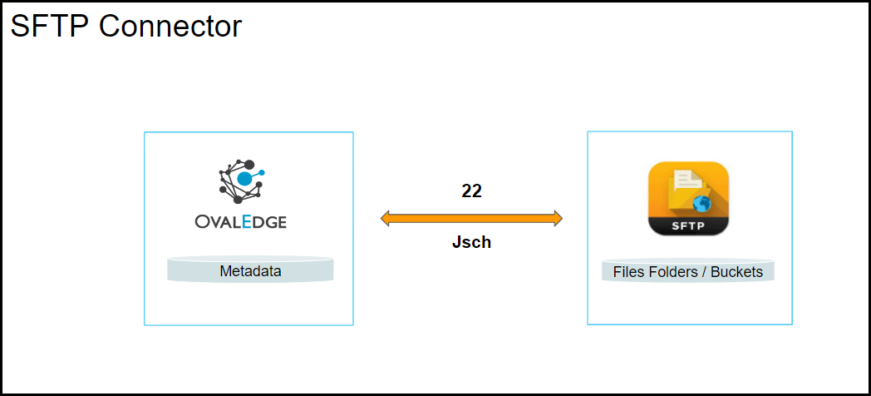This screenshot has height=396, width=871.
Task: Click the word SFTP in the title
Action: click(x=50, y=26)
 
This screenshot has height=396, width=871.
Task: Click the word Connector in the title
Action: click(x=170, y=26)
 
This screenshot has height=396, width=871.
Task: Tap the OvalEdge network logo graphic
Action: click(x=240, y=181)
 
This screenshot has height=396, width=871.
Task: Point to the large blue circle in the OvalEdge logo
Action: click(x=245, y=178)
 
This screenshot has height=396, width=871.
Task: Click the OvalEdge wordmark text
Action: click(x=241, y=222)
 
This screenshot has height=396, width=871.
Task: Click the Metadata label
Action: click(x=250, y=271)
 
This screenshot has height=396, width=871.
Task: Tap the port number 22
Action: click(x=471, y=191)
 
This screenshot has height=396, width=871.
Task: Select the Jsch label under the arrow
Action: click(x=471, y=243)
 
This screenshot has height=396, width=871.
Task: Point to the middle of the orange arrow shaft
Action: click(x=471, y=219)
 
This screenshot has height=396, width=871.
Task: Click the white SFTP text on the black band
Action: click(x=688, y=225)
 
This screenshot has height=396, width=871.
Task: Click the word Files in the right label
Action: click(x=628, y=272)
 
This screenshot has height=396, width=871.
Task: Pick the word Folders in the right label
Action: click(x=673, y=272)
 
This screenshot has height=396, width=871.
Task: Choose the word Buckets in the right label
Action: click(x=736, y=272)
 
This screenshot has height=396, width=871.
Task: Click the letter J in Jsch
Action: click(x=456, y=243)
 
